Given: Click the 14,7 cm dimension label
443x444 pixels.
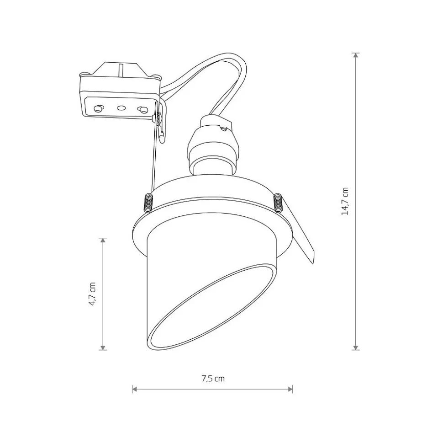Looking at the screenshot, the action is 345,201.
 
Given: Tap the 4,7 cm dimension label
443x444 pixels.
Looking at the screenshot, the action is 92,294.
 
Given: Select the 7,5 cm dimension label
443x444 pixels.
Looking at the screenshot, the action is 213,379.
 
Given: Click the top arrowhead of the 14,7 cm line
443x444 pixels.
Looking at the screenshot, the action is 356,55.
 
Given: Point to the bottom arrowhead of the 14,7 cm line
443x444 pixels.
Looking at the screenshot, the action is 356,348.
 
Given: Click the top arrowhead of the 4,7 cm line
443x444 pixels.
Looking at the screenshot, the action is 103,241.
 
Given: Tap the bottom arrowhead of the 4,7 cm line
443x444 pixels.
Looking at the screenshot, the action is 103,348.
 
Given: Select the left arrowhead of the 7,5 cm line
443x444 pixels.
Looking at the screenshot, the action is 135,389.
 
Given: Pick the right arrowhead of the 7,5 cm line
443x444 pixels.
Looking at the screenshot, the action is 290,389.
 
